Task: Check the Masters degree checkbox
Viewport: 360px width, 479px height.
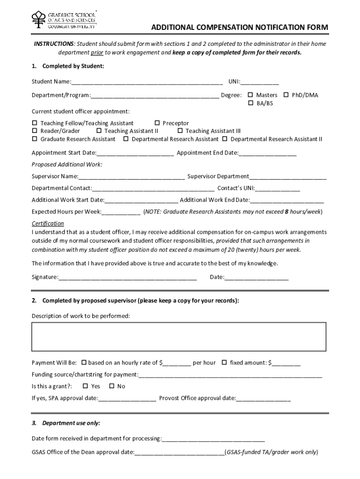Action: pyautogui.click(x=250, y=95)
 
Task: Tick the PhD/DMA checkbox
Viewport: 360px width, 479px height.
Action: pyautogui.click(x=286, y=95)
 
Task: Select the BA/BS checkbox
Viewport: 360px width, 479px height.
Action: pyautogui.click(x=250, y=103)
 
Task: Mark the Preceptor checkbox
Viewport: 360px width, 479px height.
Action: pyautogui.click(x=157, y=123)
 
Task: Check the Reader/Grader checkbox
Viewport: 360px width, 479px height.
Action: pyautogui.click(x=34, y=131)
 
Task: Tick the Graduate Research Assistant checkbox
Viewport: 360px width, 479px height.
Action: pyautogui.click(x=34, y=139)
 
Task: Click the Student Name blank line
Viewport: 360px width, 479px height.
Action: pyautogui.click(x=147, y=83)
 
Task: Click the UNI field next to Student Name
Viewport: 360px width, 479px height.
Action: pyautogui.click(x=260, y=83)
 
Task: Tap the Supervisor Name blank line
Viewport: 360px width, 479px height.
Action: pyautogui.click(x=131, y=177)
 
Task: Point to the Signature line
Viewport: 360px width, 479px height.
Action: pyautogui.click(x=128, y=278)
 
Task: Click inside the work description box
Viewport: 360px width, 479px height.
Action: pyautogui.click(x=179, y=337)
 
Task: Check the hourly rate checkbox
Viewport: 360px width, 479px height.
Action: pyautogui.click(x=84, y=363)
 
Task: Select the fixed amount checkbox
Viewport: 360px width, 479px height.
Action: pyautogui.click(x=224, y=363)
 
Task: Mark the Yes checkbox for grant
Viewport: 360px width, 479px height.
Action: pyautogui.click(x=85, y=386)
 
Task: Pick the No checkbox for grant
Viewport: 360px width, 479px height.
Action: pyautogui.click(x=111, y=386)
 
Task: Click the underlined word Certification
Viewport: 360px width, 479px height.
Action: pyautogui.click(x=48, y=224)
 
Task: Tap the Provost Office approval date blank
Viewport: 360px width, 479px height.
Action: pyautogui.click(x=264, y=399)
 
